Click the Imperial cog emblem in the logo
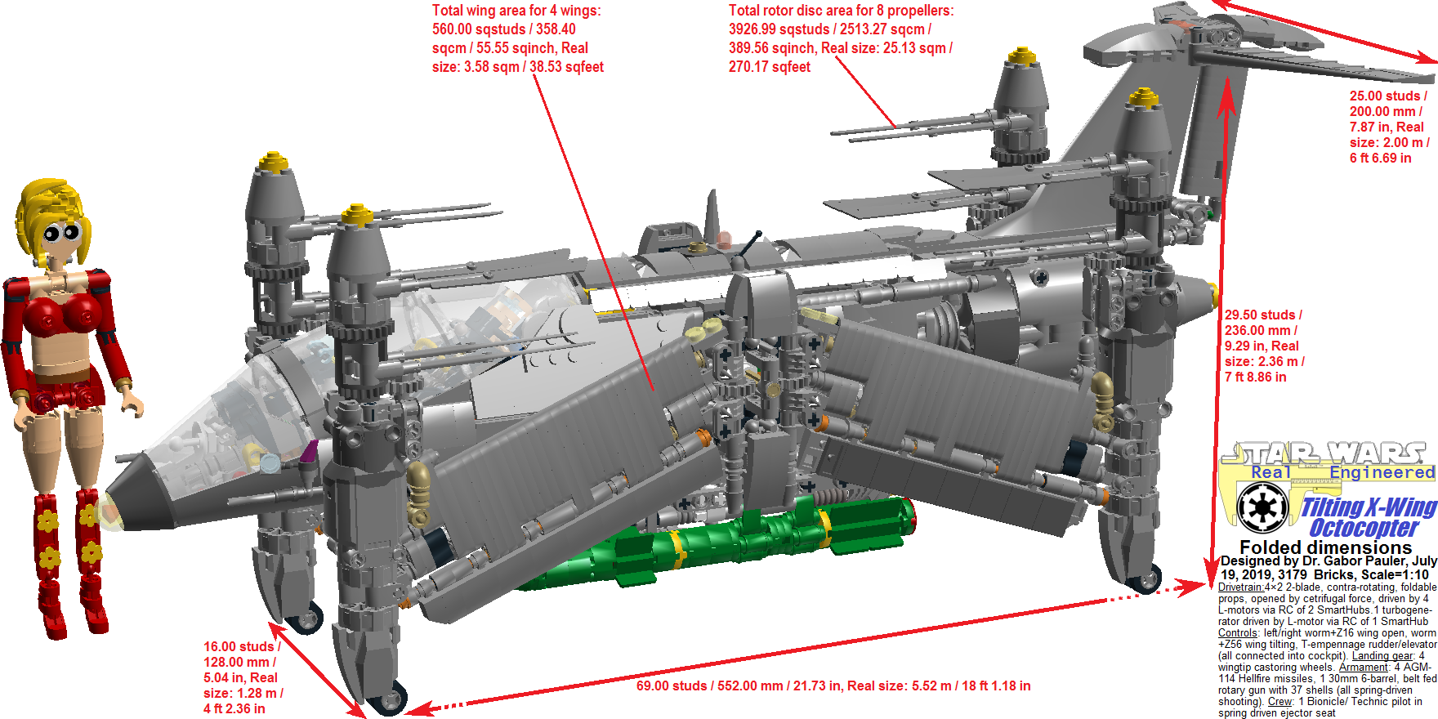(x=1262, y=507)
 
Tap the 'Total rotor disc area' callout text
(x=841, y=38)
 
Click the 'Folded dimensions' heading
(x=1325, y=547)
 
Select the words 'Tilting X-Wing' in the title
(x=1369, y=507)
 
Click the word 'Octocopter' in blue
(x=1364, y=528)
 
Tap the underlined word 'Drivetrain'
(x=1241, y=587)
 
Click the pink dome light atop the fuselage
(x=724, y=239)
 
